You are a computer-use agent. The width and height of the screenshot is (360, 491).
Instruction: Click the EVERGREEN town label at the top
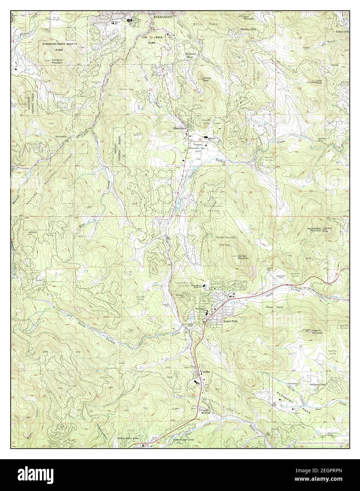tap(162, 17)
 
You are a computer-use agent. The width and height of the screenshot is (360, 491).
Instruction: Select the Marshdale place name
tap(180, 128)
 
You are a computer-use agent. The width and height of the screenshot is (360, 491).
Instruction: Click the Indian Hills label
tap(343, 31)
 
